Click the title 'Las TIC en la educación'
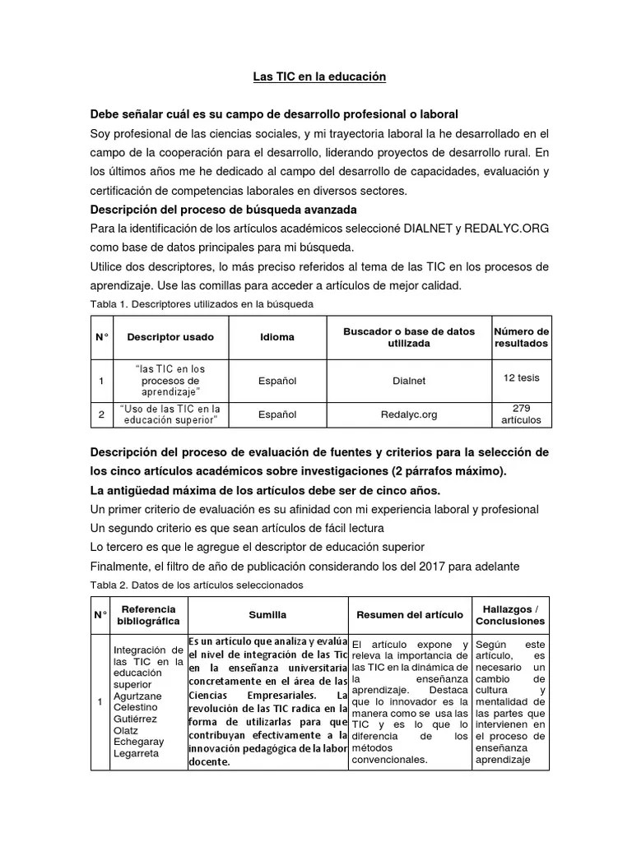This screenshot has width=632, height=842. point(318,77)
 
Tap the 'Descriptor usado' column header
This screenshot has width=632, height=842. point(170,337)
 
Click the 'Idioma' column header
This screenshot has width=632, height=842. point(277,337)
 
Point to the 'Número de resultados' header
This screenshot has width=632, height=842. point(520,337)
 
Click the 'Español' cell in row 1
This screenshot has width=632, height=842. point(277,381)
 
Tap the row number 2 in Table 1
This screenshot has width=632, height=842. point(100,414)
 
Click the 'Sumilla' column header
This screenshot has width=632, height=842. point(267,615)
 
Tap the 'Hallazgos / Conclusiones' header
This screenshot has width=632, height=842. point(509,615)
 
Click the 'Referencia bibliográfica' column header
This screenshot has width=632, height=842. point(148,615)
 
